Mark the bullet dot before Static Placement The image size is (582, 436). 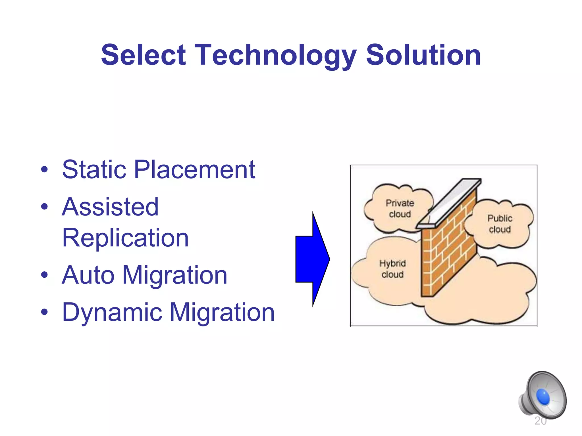point(44,170)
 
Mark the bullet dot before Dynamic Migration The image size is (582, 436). point(44,312)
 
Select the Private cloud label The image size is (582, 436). point(400,208)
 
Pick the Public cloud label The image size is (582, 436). point(500,224)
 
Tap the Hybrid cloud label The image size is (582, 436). point(392,269)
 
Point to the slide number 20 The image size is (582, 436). point(541,421)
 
